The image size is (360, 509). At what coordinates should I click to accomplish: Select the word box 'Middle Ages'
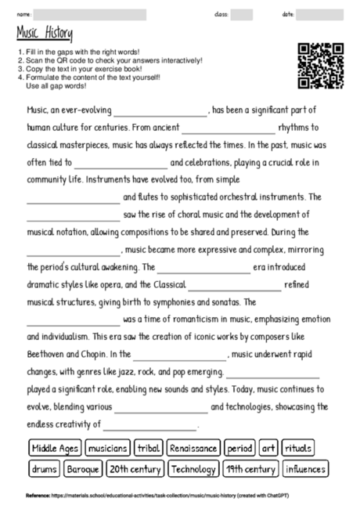coord(55,449)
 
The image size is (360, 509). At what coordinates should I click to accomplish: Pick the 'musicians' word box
coord(108,449)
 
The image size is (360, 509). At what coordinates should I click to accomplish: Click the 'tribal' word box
coord(148,449)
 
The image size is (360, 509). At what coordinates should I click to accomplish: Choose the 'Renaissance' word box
coord(193,449)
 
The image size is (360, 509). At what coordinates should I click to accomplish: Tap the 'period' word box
coord(239,449)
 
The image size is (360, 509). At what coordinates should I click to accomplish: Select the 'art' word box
coord(268,449)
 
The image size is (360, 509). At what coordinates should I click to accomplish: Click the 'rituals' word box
coord(298,449)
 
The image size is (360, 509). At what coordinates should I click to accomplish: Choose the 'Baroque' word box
coord(83,469)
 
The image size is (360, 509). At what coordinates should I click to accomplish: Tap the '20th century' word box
coord(135,469)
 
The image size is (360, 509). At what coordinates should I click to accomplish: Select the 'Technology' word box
coord(193,469)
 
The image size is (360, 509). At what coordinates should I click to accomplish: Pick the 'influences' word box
coord(304,469)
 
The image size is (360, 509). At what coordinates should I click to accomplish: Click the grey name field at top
coord(90,14)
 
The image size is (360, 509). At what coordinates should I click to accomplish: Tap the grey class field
coord(241,14)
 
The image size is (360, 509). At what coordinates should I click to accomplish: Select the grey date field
coord(319,14)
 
